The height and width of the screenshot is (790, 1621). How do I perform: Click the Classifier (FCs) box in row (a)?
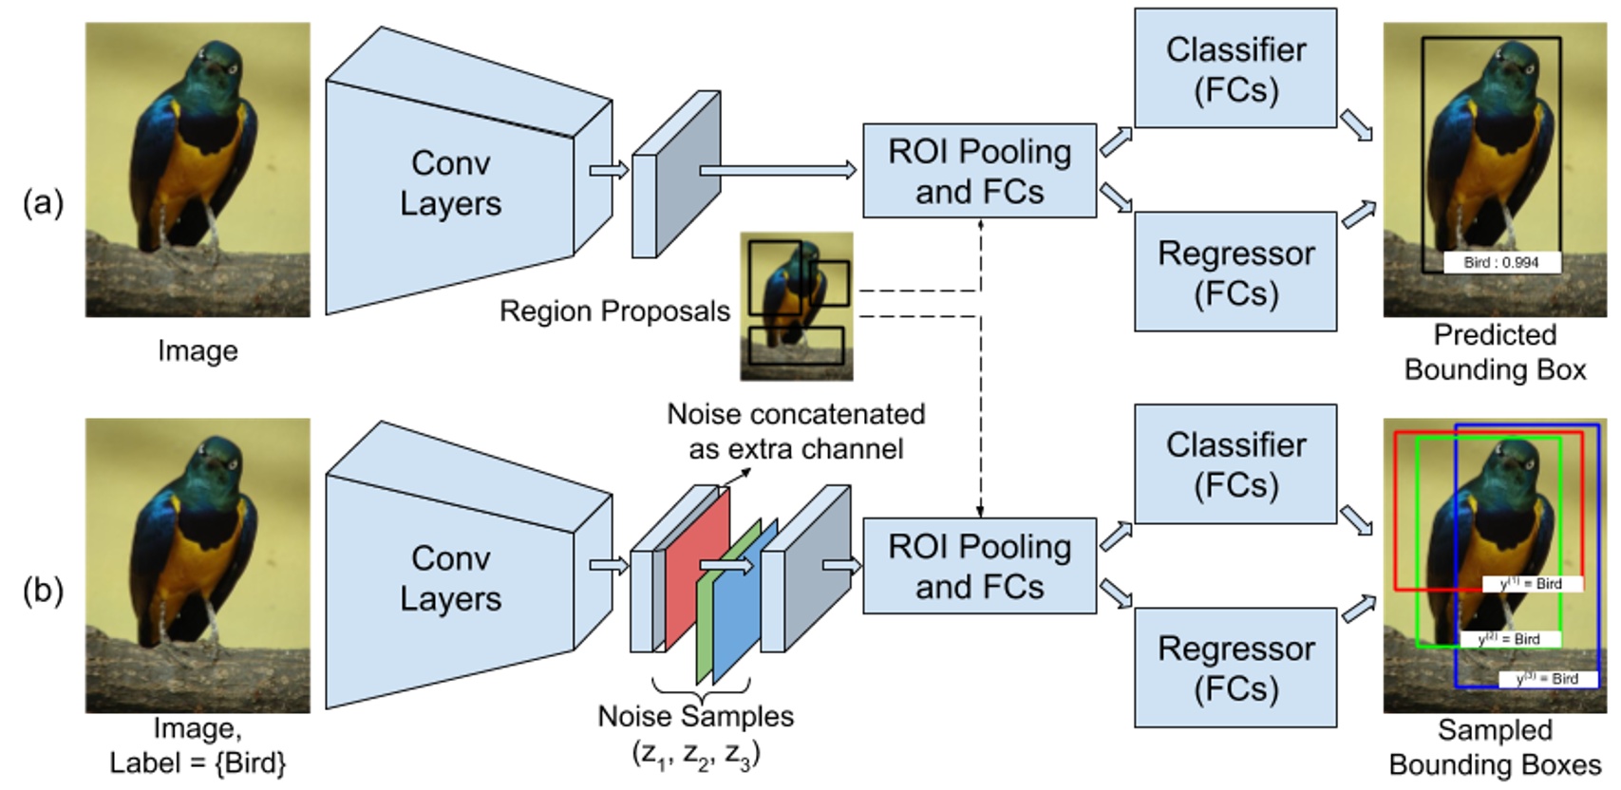point(1235,68)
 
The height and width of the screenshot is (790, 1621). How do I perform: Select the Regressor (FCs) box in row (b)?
point(1235,668)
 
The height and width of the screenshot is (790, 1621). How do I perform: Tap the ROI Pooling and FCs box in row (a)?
point(979,171)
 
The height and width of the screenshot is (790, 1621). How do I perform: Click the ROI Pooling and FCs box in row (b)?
point(979,566)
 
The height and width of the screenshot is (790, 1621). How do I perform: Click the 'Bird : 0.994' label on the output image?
point(1500,262)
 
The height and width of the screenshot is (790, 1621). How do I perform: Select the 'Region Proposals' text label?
point(614,311)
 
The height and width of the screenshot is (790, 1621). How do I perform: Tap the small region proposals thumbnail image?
point(796,306)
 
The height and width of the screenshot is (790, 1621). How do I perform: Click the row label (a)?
point(43,202)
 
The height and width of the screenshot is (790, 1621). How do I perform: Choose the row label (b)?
point(43,591)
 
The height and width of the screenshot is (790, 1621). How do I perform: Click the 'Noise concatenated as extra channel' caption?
point(796,431)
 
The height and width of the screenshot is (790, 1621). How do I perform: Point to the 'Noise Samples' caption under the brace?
point(695,716)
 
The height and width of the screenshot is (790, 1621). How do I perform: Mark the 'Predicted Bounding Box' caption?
point(1495,351)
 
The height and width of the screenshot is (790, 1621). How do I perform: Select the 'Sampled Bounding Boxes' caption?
point(1495,746)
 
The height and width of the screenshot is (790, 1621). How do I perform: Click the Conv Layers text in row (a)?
point(450,182)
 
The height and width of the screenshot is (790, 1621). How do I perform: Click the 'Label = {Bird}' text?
point(198,762)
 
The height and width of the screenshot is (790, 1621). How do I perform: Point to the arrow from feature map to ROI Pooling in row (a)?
point(777,171)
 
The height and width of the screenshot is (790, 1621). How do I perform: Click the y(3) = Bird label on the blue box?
point(1547,679)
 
